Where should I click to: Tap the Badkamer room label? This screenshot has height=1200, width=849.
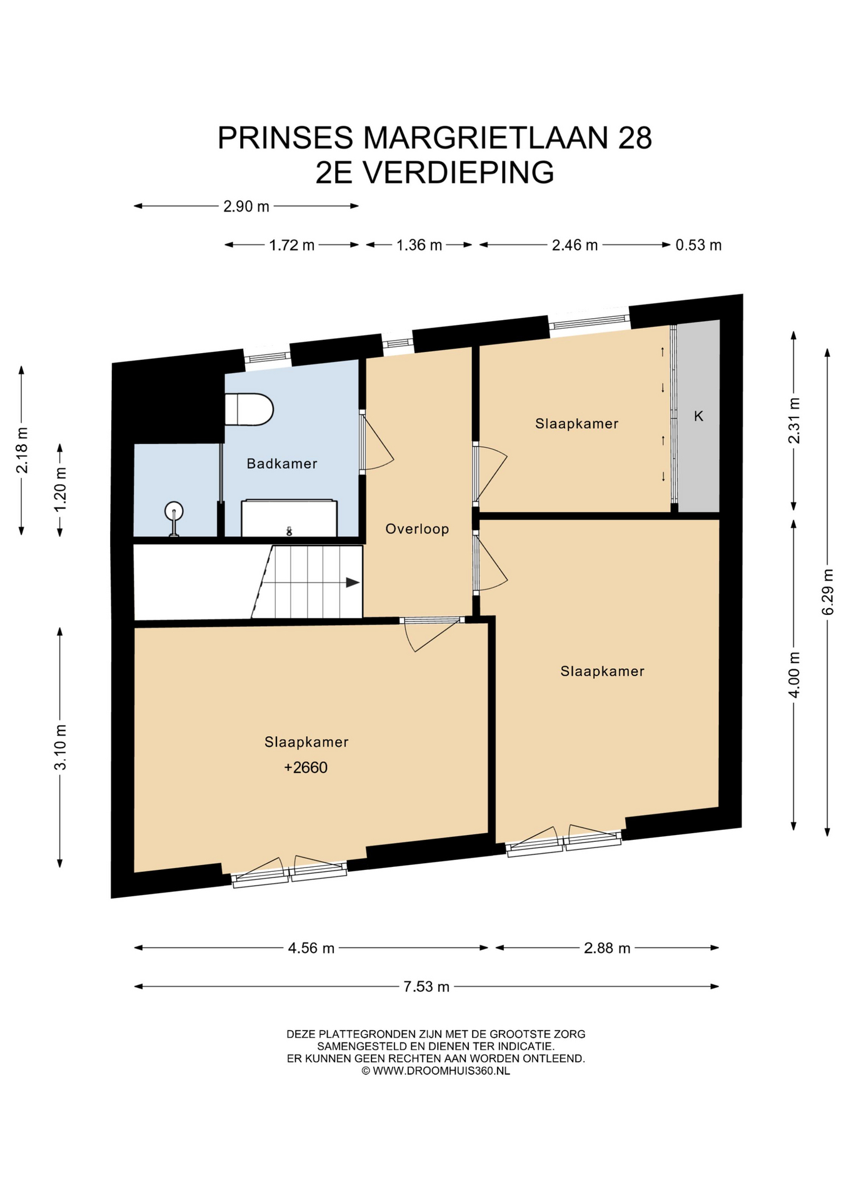coord(282,464)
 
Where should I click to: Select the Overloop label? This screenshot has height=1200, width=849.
coord(417,529)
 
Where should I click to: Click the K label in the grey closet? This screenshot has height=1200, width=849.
coord(699,416)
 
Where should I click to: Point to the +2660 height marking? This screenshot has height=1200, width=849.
coord(306,767)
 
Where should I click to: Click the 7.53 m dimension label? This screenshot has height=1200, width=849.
coord(426,986)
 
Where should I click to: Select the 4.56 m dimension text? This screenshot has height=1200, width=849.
coord(311,948)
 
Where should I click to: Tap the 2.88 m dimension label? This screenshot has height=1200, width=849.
coord(607,948)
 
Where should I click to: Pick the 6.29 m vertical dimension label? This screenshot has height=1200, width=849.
coord(828,591)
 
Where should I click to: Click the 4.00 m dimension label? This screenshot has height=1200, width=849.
coord(795,675)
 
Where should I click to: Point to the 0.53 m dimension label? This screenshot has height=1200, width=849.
coord(698,245)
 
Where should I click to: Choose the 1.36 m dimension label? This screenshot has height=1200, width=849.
coord(419,245)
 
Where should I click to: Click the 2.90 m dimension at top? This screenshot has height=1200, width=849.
coord(246,206)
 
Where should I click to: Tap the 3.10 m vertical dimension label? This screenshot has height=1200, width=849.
coord(61,747)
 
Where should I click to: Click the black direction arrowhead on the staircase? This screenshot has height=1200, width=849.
coord(353,582)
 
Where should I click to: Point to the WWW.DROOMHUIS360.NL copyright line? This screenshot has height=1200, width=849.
coord(436,1071)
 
